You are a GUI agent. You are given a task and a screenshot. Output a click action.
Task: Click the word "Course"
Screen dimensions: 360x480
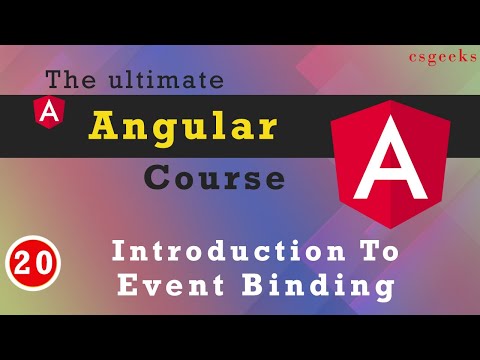[213, 177]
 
